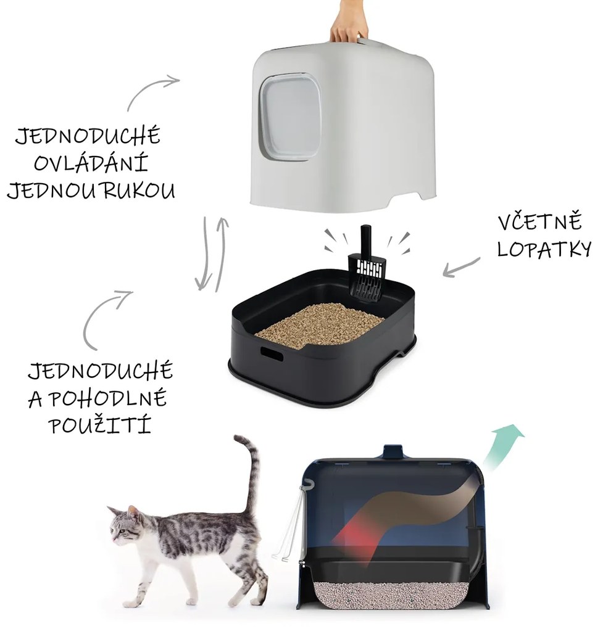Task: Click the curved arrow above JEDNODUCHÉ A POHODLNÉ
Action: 105,314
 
